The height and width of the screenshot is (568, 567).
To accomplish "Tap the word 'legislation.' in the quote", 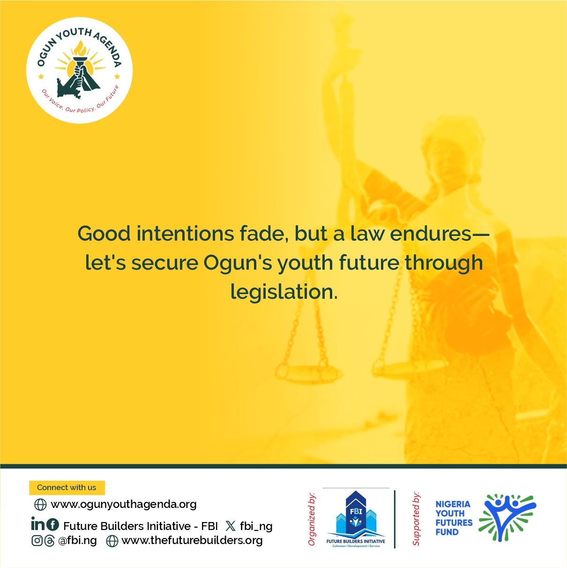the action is coord(283,292).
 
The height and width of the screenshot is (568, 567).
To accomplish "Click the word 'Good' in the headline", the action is coord(104,234).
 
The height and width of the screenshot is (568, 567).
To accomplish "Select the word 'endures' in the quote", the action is coord(431,234).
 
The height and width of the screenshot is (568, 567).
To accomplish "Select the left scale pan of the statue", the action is coord(309,372).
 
